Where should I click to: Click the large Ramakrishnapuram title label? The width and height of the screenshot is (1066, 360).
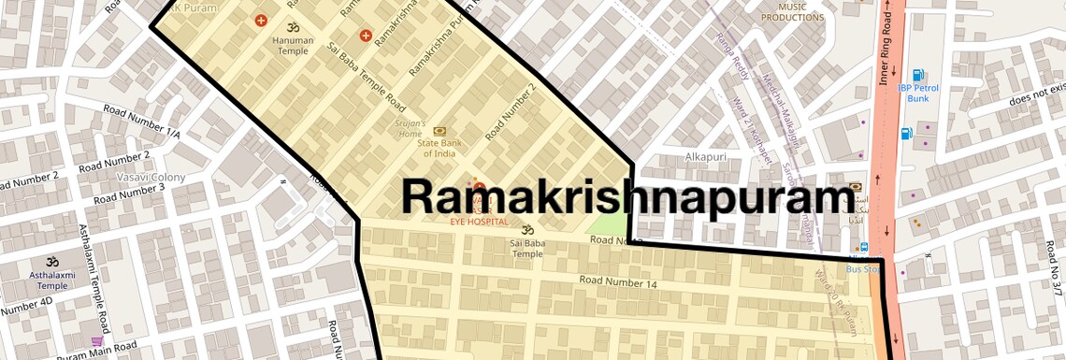(x=628, y=197)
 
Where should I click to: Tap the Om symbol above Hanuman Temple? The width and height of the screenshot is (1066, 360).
(x=291, y=28)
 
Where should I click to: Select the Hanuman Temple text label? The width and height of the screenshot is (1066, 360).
(x=291, y=46)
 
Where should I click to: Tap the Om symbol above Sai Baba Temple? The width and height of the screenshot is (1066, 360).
(x=526, y=228)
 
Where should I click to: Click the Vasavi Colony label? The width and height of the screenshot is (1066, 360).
(x=151, y=177)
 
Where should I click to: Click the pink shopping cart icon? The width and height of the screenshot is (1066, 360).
(x=96, y=342)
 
